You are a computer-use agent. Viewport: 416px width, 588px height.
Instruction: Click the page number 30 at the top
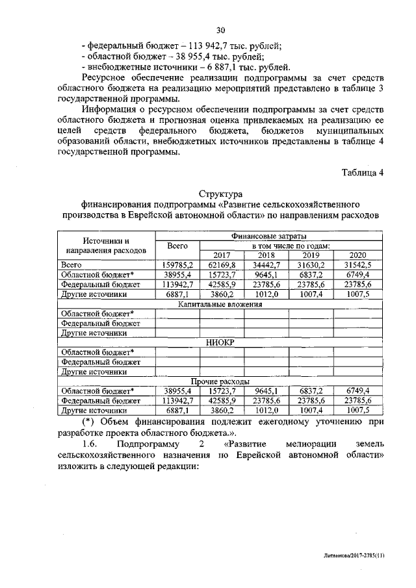(220, 30)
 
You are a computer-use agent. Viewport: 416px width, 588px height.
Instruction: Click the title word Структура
(220, 194)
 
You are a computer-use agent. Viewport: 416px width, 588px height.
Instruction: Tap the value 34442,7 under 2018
(266, 265)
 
